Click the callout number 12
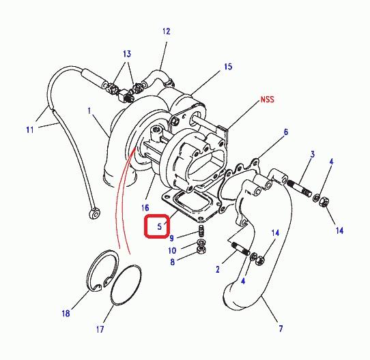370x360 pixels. coord(166,31)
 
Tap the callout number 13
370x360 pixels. coord(127,54)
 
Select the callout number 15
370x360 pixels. coord(228,67)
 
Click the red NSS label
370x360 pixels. coord(268,100)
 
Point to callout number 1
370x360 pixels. coord(89,110)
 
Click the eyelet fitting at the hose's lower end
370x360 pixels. coord(95,213)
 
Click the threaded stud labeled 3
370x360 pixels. coord(300,189)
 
